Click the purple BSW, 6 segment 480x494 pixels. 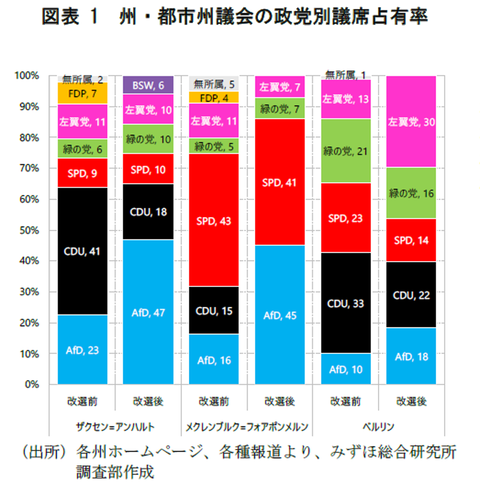click(x=148, y=84)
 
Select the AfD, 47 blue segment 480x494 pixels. click(x=148, y=312)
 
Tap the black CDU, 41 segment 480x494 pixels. click(x=83, y=251)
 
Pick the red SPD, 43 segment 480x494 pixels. click(x=214, y=220)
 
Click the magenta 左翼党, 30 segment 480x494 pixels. click(x=411, y=121)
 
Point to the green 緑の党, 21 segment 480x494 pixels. click(x=346, y=151)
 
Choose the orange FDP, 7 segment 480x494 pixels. click(x=83, y=93)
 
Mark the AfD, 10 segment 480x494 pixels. click(x=346, y=369)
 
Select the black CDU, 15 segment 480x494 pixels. click(x=214, y=310)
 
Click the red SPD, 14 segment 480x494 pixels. click(x=411, y=240)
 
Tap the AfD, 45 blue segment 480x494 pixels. click(x=280, y=314)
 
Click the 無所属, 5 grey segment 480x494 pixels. click(x=214, y=84)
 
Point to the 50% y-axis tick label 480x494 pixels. click(x=29, y=231)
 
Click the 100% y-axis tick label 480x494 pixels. click(x=27, y=76)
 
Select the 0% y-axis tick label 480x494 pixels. click(x=32, y=384)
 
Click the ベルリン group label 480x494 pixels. click(x=378, y=427)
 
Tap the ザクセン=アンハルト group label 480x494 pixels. click(x=116, y=427)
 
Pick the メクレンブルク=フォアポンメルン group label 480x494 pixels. click(x=247, y=427)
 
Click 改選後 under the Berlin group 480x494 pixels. click(x=411, y=401)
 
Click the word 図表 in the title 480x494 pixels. click(x=60, y=16)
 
